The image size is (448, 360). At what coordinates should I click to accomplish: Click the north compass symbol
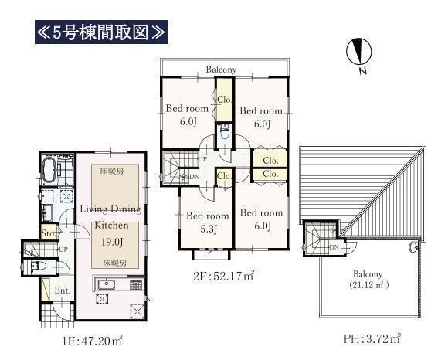point(359,52)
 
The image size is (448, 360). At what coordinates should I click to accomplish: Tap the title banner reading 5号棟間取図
point(101,32)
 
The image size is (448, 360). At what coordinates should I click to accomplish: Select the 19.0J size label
point(112,243)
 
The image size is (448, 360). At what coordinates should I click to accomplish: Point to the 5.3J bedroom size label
point(208,229)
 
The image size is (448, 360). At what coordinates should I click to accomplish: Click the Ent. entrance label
point(63,290)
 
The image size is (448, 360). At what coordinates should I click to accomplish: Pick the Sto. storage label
point(49,233)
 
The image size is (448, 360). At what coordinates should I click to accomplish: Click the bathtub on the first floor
point(49,169)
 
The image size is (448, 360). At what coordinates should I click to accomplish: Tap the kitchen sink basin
point(107,284)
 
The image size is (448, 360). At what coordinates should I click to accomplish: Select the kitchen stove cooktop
point(136,285)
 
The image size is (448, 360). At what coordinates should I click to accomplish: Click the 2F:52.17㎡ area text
point(224,277)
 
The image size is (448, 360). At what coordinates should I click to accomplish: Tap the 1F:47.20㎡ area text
point(92,341)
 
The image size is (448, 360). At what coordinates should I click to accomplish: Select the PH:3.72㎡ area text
point(372,339)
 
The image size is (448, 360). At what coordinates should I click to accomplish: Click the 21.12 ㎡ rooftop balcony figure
point(368,285)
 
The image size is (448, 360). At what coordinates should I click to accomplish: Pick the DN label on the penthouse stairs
point(334,247)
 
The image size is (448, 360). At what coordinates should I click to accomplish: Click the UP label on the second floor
point(202,159)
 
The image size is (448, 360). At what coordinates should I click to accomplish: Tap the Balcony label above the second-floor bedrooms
point(221,70)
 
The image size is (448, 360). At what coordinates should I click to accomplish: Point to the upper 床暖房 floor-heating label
point(112,172)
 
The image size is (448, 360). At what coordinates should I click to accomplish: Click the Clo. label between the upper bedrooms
point(225,100)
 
